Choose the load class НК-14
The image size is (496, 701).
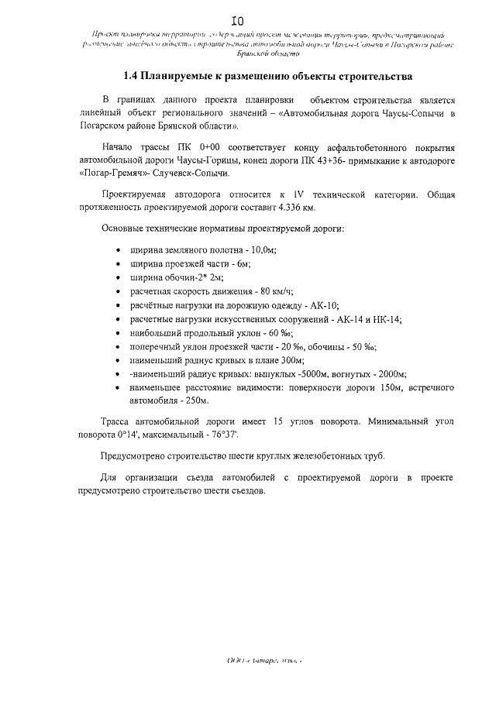[384, 319]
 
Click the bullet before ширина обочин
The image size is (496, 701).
[117, 278]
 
